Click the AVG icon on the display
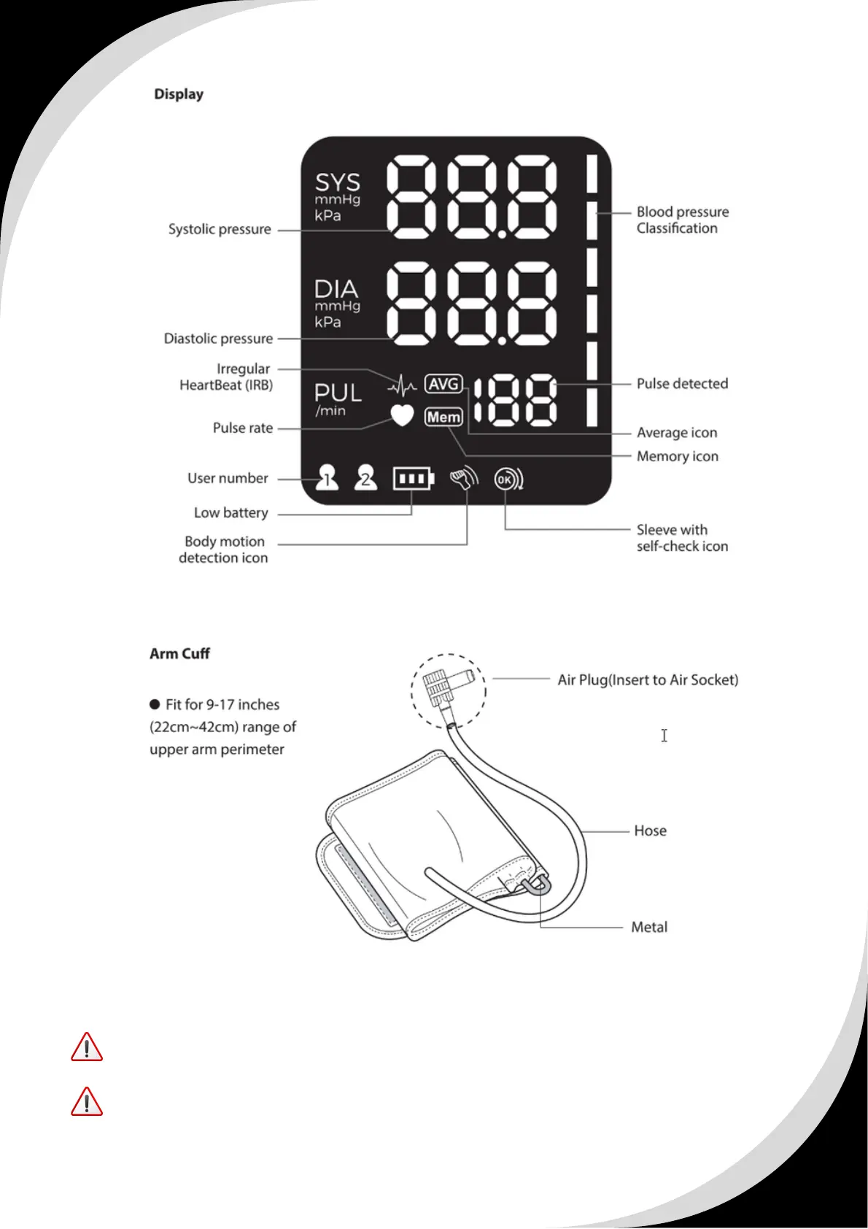coord(443,384)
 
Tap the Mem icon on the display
coord(443,417)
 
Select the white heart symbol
coord(402,415)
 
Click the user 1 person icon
coord(327,478)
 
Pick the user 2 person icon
coord(365,478)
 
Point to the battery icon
coord(413,479)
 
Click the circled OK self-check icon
coord(508,479)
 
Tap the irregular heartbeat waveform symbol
coord(402,384)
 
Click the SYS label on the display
coord(337,182)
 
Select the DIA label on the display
coord(336,289)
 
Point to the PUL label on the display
coord(338,393)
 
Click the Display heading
coord(179,94)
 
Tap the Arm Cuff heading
coord(179,654)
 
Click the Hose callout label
coord(650,831)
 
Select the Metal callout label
coord(649,927)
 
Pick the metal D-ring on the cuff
coord(538,885)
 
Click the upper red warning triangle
coord(87,1047)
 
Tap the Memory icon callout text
coord(677,456)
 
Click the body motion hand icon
coord(463,479)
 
